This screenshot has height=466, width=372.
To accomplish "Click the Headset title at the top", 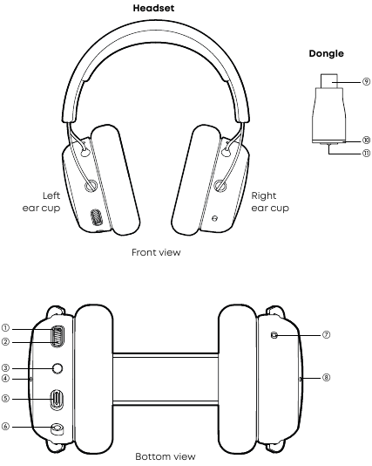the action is tap(153, 8).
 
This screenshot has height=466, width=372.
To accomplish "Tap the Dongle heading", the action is tap(326, 53).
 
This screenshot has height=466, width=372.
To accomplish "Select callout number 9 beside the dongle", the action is tap(367, 81).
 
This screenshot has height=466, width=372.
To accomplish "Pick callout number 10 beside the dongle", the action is tap(367, 140).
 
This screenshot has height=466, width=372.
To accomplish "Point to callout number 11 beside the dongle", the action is tap(367, 154).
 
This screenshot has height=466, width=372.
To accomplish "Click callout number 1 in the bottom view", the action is tap(5, 328).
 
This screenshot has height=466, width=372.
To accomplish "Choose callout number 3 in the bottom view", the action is tap(5, 368).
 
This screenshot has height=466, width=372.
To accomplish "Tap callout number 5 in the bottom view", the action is tap(5, 398).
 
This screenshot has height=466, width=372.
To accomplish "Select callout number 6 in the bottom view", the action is tap(5, 427).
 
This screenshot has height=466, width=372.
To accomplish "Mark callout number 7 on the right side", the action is tap(326, 335).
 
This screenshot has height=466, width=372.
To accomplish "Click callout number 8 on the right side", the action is tap(326, 378).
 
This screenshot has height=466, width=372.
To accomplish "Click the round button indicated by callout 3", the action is tap(57, 368).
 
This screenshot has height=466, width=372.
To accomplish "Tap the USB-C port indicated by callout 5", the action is tap(57, 400).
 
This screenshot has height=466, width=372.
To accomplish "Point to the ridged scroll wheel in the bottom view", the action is tap(57, 337).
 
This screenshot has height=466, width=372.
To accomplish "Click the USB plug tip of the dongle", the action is tap(328, 81).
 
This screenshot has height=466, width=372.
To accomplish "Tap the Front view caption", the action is tap(156, 252).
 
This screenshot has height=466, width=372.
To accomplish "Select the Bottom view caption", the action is tap(166, 456).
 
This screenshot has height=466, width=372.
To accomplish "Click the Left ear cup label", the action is tap(41, 202).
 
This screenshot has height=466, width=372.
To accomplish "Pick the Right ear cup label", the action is tap(270, 202).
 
